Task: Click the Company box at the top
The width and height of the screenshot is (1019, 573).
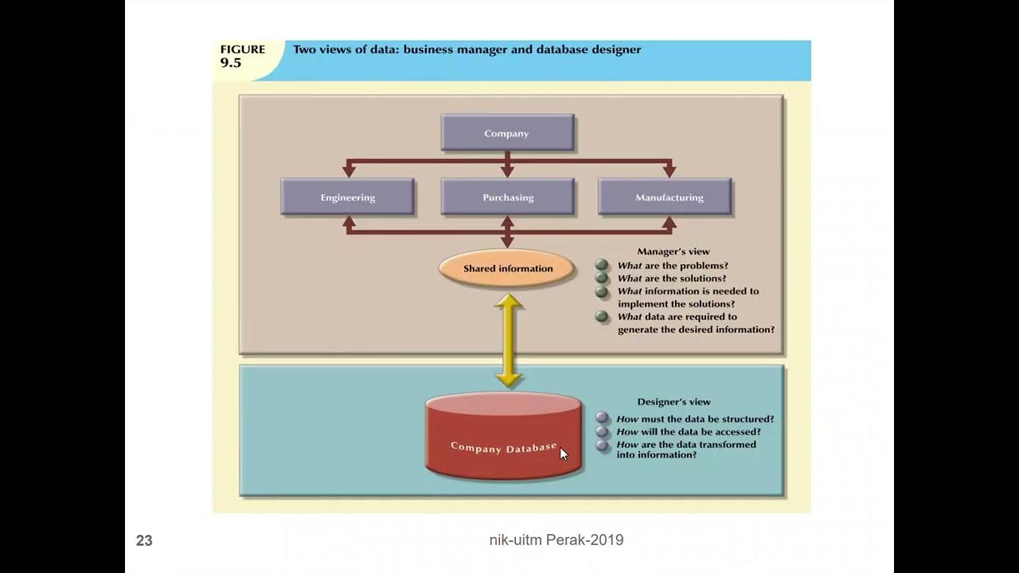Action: coord(507,133)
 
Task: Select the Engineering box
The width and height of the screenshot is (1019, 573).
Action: coord(347,197)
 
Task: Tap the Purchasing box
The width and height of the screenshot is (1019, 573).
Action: coord(507,197)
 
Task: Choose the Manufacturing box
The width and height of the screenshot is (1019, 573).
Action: coord(669,197)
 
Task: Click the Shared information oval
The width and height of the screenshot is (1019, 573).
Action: coord(507,268)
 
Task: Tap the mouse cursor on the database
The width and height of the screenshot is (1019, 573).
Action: coord(564,454)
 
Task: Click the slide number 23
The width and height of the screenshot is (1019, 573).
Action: coord(144,541)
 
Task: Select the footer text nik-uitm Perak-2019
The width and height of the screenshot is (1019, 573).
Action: coord(556,540)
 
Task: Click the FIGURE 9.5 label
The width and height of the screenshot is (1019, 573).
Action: coord(242,56)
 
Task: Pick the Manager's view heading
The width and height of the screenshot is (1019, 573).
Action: coord(673,251)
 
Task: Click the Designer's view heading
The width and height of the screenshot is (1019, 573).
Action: coord(673,402)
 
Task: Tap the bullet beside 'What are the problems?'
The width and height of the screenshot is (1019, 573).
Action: coord(602,265)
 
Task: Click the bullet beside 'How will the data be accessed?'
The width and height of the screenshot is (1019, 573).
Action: coord(603,432)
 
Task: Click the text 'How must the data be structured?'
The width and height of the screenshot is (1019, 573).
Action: coord(694,419)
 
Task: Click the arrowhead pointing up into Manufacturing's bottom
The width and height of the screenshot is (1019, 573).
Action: coord(670,223)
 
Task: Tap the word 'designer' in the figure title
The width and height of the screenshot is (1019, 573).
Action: coord(611,49)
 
